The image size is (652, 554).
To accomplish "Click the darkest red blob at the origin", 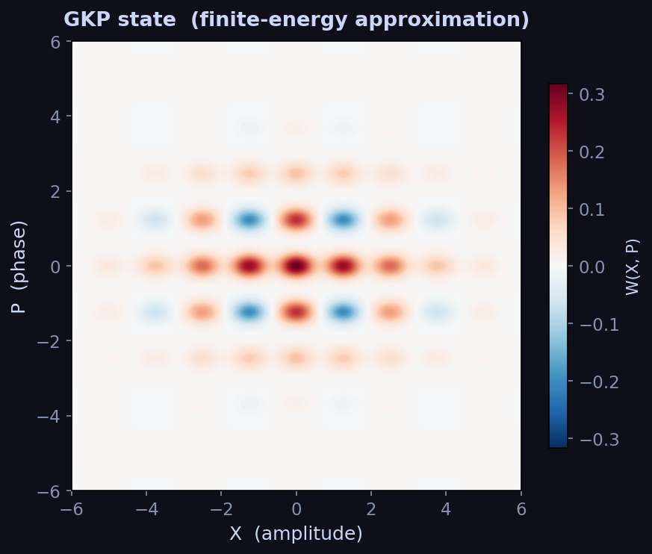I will coord(296,266).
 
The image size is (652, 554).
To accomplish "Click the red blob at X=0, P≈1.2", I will coord(296,220).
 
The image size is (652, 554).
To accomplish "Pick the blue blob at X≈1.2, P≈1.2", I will coord(343,220).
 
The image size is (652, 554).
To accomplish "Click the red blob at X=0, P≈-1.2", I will coord(296,311).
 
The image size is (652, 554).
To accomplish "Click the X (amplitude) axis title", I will coord(296,533).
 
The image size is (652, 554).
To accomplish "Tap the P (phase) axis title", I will coord(19,266).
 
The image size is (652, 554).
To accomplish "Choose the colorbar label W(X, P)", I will coord(632,267).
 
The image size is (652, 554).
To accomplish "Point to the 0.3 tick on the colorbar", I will coord(592,95).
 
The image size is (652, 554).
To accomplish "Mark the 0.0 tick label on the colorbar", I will coord(592,267).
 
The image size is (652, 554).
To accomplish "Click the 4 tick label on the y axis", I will coord(55,116).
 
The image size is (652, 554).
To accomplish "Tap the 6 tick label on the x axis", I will coord(521,508).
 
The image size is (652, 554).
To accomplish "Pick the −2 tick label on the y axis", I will coord(50,341).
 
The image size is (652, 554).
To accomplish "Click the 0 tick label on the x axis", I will coord(296,508).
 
